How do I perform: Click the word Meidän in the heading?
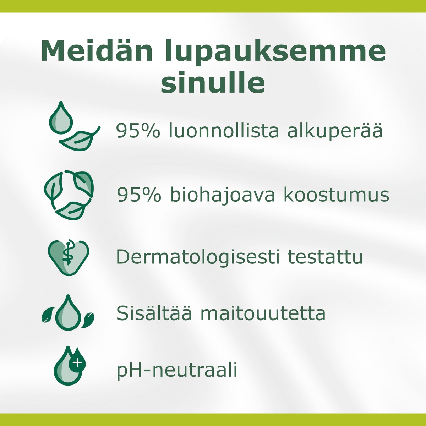tap(97, 51)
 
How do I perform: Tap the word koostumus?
tap(336, 195)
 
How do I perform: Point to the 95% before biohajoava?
tap(138, 195)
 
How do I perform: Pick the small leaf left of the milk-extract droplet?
tap(48, 315)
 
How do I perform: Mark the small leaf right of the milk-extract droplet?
tap(88, 319)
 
